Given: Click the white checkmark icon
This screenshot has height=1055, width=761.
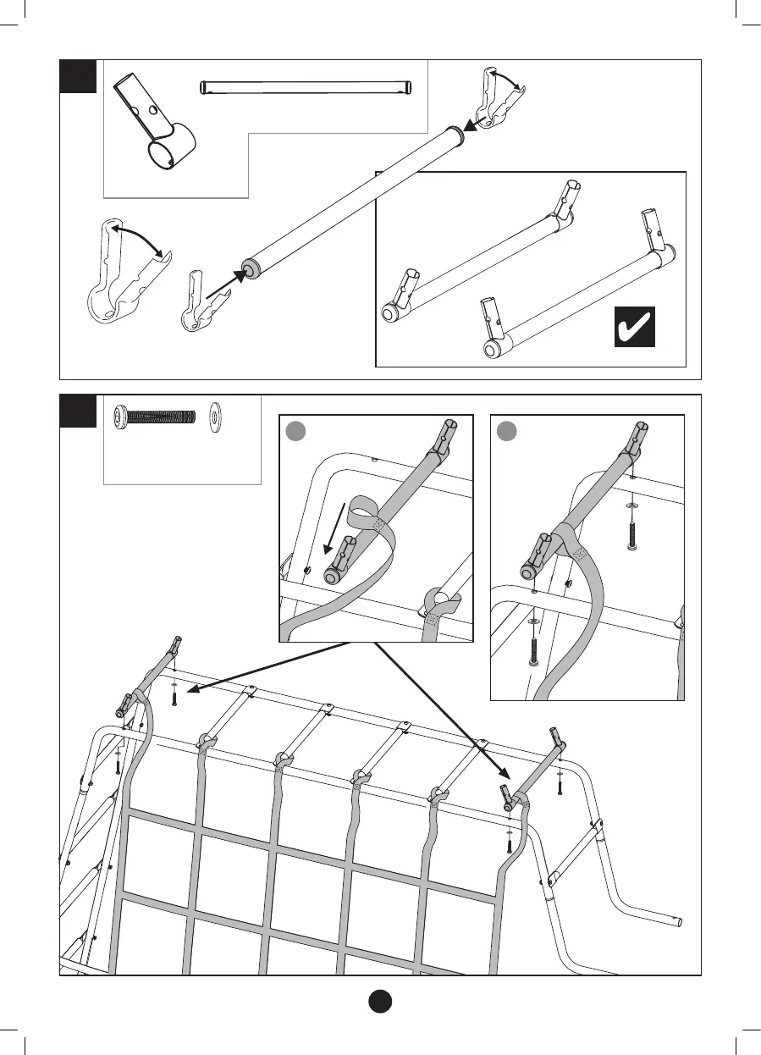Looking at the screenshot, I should pyautogui.click(x=634, y=326).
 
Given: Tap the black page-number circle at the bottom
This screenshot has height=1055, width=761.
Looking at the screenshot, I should pyautogui.click(x=380, y=1000).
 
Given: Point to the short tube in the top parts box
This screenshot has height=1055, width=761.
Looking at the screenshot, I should pyautogui.click(x=306, y=87).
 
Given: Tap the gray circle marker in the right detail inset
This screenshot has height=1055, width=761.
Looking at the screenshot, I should pyautogui.click(x=505, y=431).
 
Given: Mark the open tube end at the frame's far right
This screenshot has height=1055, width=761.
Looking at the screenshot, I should pyautogui.click(x=677, y=920).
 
